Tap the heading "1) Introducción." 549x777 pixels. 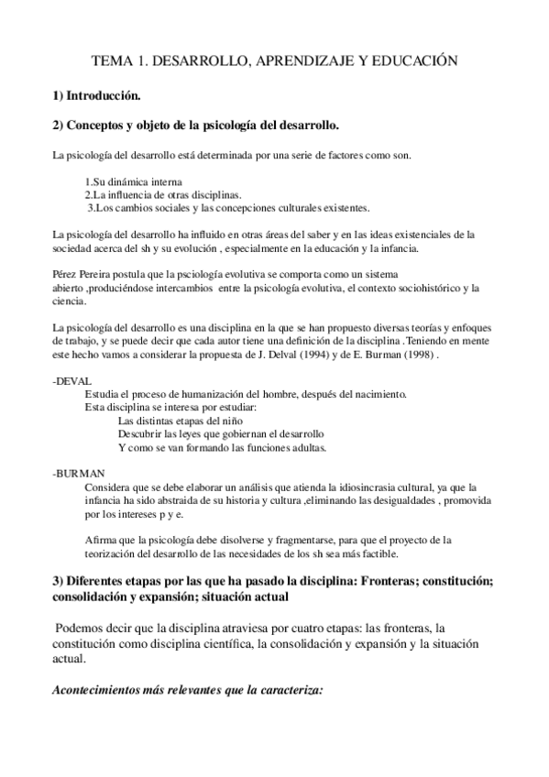(96, 94)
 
